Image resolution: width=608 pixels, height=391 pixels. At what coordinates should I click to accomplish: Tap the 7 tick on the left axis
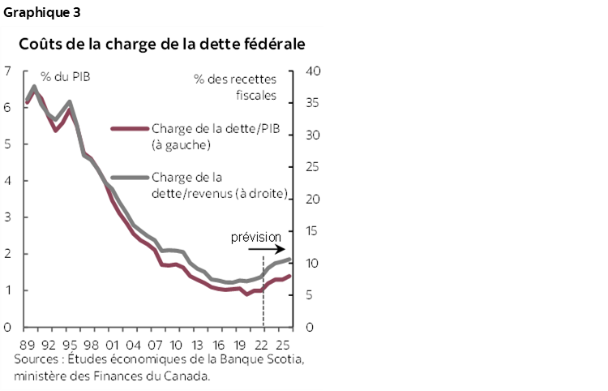point(6,71)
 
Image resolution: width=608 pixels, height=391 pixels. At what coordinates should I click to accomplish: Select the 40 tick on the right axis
point(315,71)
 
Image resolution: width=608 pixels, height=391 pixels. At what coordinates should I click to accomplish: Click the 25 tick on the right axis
point(315,167)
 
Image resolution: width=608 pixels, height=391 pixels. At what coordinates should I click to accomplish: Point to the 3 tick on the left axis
point(6,217)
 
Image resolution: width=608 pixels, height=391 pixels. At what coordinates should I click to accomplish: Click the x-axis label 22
point(263,343)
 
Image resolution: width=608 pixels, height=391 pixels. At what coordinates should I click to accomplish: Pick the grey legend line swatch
point(130,177)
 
